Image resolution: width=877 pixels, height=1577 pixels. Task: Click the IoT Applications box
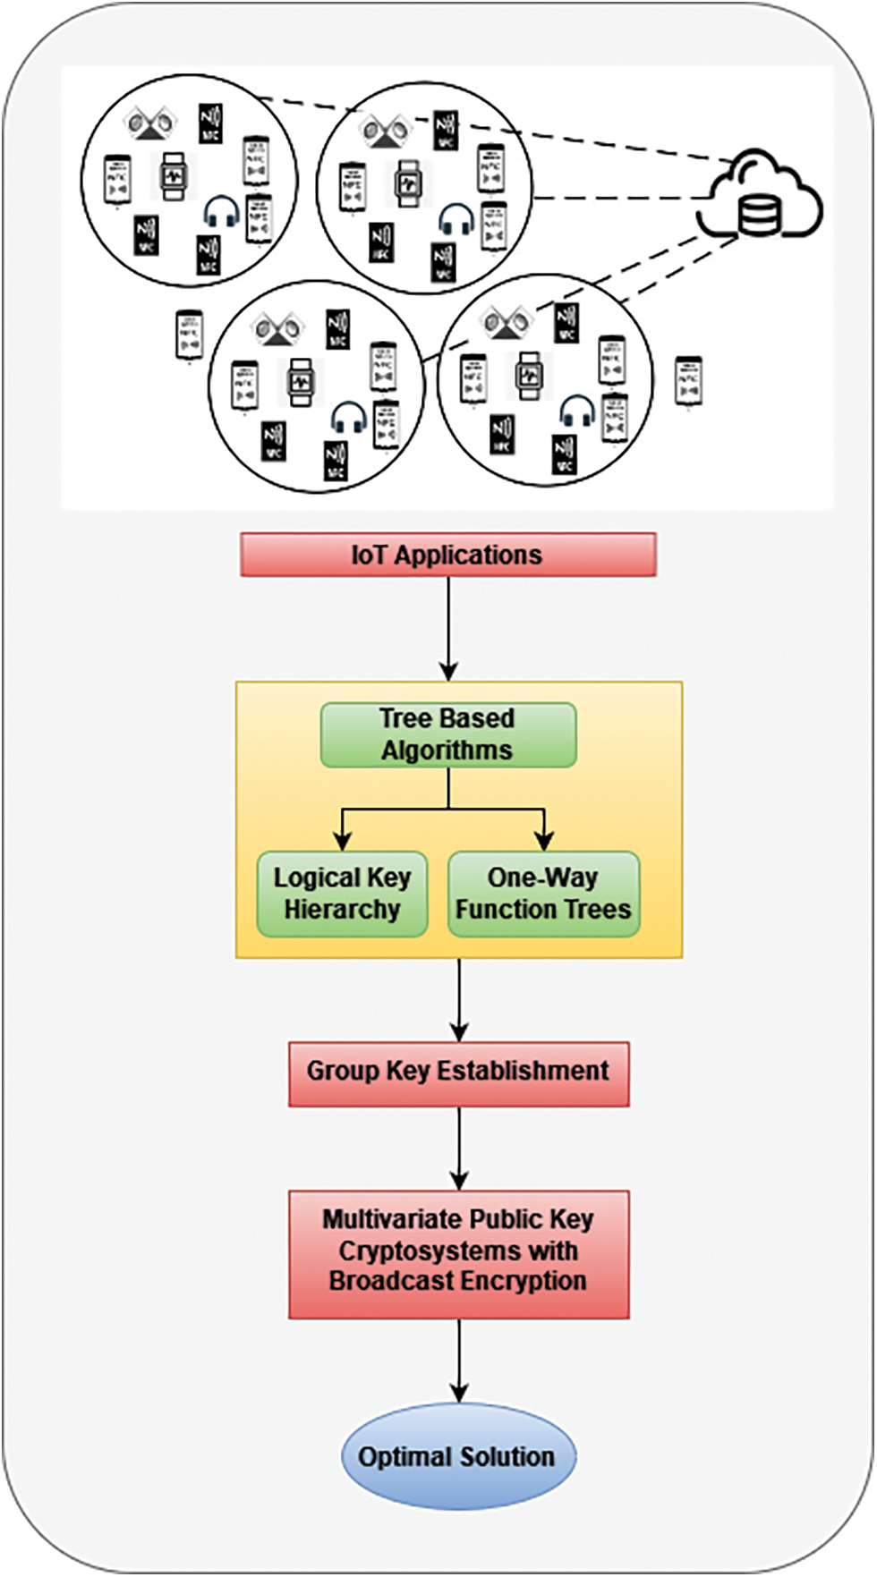coord(447,555)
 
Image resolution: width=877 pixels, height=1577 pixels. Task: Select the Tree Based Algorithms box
coord(447,734)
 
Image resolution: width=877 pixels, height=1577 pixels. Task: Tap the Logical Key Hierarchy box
coord(342,894)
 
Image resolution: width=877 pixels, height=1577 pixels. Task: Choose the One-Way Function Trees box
coord(543,894)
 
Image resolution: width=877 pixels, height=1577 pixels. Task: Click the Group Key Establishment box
coord(458,1073)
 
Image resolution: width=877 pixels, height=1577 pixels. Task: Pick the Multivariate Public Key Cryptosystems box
coord(458,1252)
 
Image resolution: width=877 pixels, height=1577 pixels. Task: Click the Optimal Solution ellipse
coord(458,1456)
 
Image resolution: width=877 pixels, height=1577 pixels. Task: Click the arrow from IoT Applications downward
coord(448,626)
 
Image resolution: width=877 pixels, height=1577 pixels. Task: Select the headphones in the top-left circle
coord(221,213)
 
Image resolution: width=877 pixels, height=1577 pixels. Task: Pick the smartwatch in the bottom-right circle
coord(530,376)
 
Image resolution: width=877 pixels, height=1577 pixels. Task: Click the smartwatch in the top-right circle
coord(409,183)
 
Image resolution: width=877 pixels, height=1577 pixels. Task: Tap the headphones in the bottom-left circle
coord(348,418)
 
